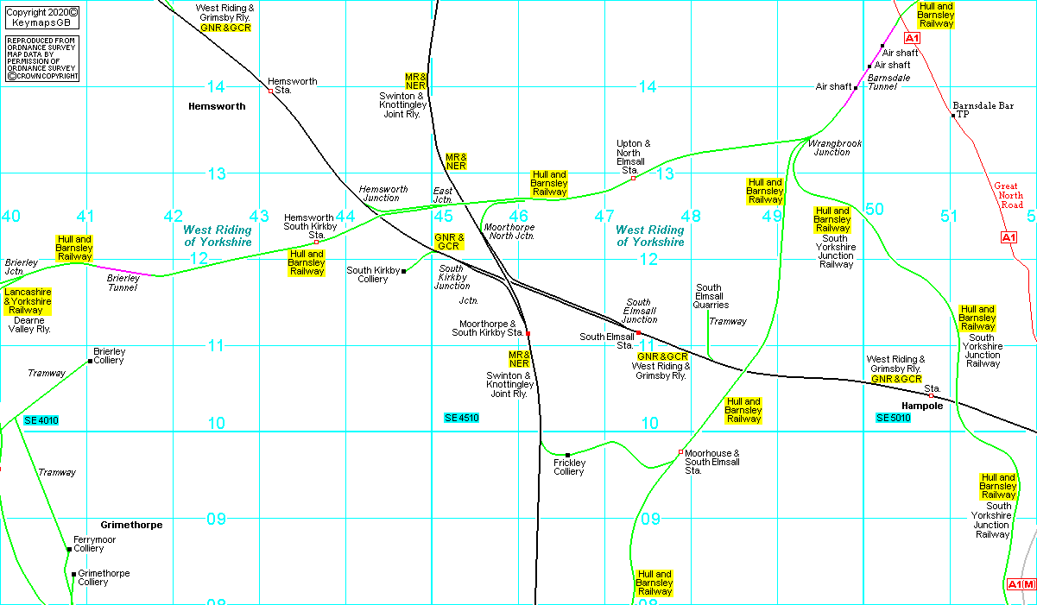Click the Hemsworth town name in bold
click(x=216, y=106)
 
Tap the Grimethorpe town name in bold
click(x=131, y=525)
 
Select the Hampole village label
click(x=921, y=406)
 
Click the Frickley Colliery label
click(x=569, y=467)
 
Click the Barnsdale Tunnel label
click(x=888, y=82)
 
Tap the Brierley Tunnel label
click(x=123, y=283)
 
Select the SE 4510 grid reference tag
click(x=461, y=418)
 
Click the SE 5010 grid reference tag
click(x=894, y=418)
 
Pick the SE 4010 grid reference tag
click(x=41, y=420)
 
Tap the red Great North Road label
click(x=1008, y=195)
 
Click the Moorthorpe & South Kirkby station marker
click(x=528, y=333)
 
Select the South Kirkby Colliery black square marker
click(x=404, y=271)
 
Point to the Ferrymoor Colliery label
click(x=94, y=544)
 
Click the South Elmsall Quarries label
click(x=712, y=296)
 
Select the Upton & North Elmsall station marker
click(x=633, y=179)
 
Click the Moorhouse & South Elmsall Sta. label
click(x=712, y=462)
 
